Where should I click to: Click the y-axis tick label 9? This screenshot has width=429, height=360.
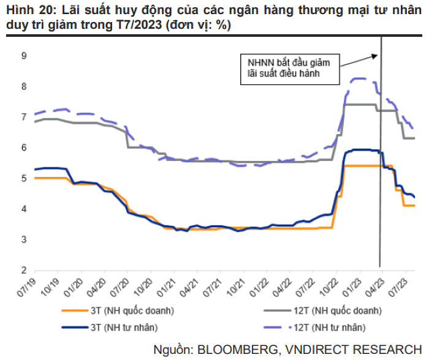pos(24,56)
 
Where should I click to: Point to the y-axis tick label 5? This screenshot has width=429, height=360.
pos(24,178)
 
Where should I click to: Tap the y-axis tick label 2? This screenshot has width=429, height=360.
pos(24,270)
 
